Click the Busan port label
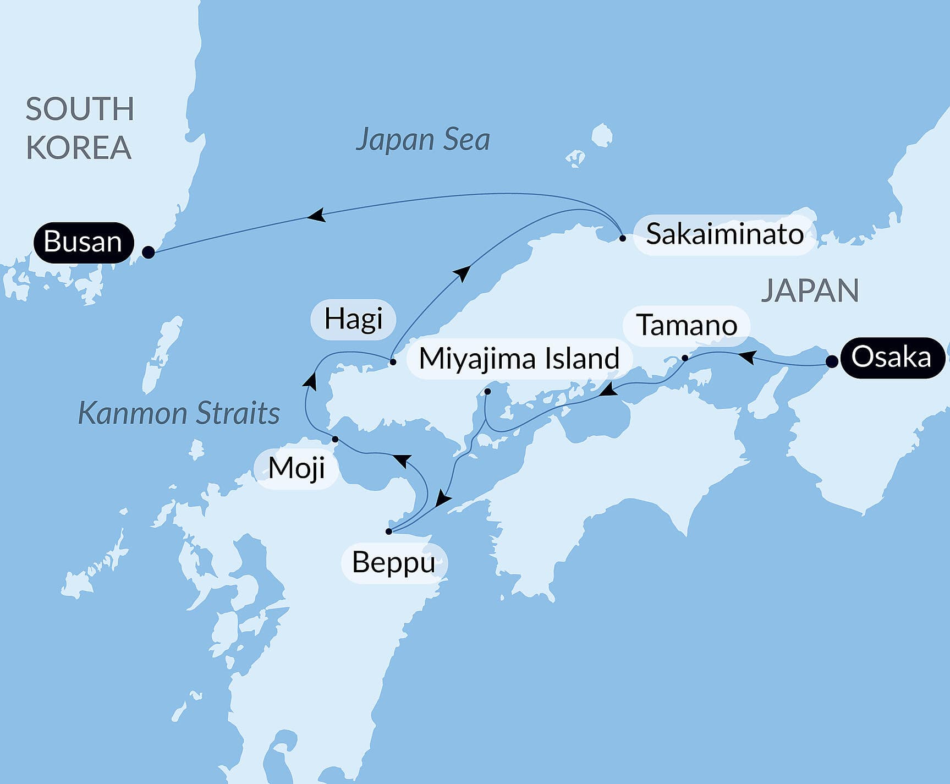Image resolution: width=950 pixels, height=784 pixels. [x=83, y=242]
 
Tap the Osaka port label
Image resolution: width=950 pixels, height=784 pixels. [x=891, y=358]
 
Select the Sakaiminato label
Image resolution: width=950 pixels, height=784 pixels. [x=724, y=234]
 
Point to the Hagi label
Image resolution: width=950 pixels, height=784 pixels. [x=353, y=319]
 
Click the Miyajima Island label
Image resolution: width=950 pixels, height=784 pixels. [x=519, y=359]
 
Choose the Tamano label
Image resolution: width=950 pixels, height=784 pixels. [x=687, y=325]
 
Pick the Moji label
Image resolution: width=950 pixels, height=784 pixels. [x=296, y=468]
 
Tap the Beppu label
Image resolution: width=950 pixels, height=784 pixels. [x=394, y=562]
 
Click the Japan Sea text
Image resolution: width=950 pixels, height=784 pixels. [x=422, y=140]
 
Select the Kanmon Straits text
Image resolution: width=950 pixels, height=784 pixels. [x=179, y=413]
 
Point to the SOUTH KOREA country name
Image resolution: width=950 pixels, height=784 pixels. [x=79, y=128]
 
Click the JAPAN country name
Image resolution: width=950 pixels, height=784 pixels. [x=810, y=291]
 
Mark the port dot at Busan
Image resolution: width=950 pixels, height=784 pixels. [x=149, y=253]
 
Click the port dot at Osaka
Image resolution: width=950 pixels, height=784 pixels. [x=832, y=362]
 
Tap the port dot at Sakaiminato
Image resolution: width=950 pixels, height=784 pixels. [x=622, y=239]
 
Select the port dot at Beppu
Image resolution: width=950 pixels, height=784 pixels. [x=389, y=531]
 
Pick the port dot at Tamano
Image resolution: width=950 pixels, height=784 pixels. [x=685, y=358]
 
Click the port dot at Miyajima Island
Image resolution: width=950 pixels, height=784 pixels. [x=487, y=392]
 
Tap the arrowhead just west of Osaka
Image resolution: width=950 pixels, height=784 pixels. [x=746, y=357]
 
